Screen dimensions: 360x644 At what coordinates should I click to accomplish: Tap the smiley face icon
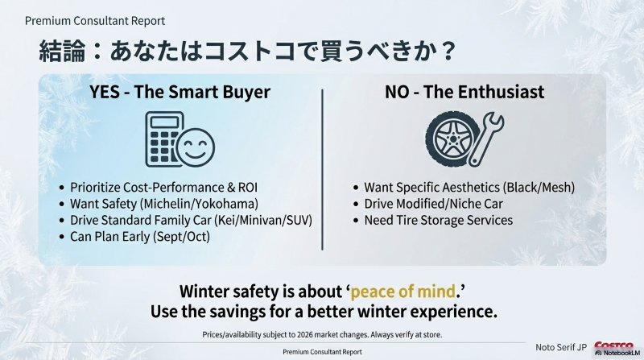click(x=195, y=147)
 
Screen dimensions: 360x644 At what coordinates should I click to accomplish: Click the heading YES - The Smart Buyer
click(x=180, y=92)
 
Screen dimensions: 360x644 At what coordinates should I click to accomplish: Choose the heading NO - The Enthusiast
click(x=464, y=92)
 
